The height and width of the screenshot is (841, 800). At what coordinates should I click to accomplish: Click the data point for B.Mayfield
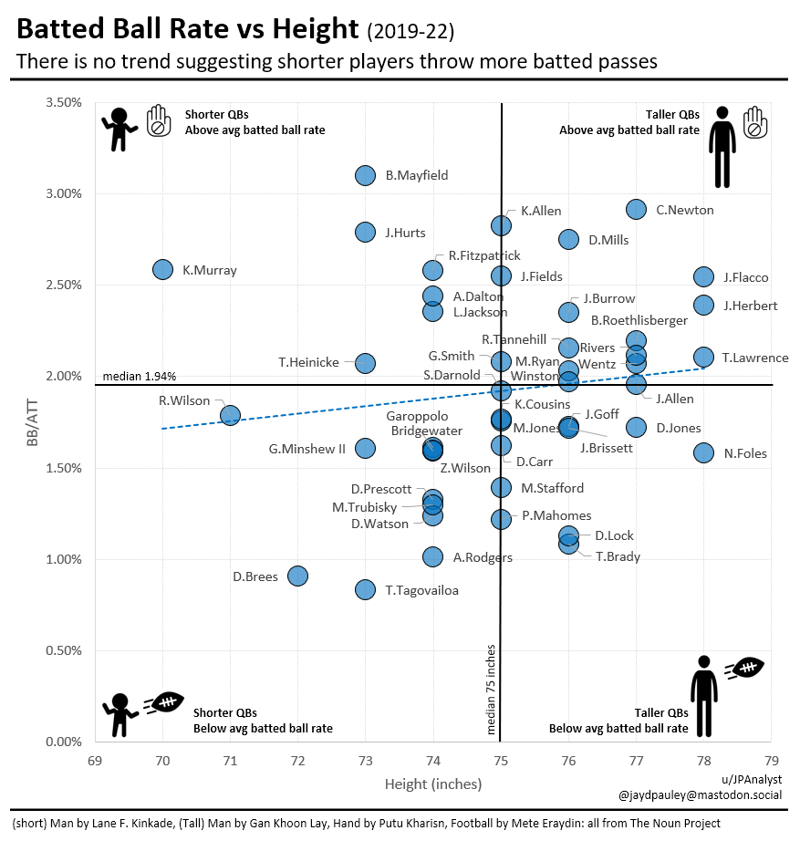(x=365, y=175)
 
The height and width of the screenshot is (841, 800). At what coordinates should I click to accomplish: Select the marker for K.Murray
(x=162, y=269)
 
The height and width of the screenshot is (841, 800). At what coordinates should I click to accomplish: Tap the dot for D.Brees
(x=297, y=576)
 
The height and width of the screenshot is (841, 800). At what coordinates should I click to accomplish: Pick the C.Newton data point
(x=636, y=210)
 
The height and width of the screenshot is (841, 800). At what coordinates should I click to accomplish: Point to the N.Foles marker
(x=703, y=452)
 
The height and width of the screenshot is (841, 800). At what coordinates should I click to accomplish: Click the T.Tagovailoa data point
(x=365, y=589)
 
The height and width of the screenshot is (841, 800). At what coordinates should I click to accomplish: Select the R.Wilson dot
(x=230, y=415)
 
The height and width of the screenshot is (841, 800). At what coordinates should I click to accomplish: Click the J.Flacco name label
(x=745, y=277)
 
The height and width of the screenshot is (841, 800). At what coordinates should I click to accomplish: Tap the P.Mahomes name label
(x=556, y=515)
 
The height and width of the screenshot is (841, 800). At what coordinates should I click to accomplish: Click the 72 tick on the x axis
(x=297, y=760)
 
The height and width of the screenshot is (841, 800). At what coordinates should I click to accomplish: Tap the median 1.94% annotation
(x=140, y=376)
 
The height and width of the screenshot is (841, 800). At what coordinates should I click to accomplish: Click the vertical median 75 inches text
(x=491, y=690)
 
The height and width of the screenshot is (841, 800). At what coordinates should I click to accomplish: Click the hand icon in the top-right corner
(x=755, y=123)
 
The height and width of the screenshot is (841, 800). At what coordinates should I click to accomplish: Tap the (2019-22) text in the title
(x=410, y=32)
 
